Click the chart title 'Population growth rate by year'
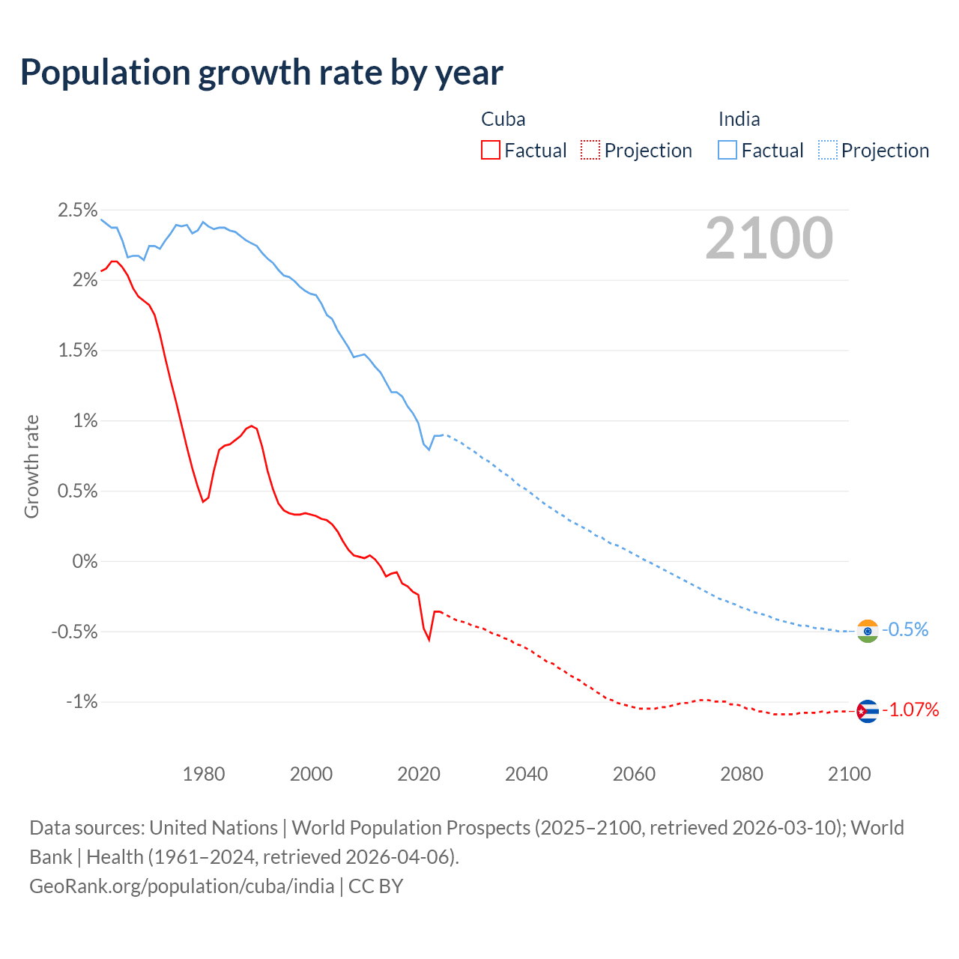click(261, 73)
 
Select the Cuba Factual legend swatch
click(490, 151)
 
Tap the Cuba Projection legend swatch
click(590, 151)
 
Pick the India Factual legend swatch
click(727, 151)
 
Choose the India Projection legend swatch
click(827, 151)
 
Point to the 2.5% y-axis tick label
click(78, 210)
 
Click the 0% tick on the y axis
click(85, 561)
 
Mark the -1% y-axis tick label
click(82, 702)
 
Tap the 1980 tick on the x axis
click(204, 774)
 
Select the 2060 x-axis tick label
click(634, 774)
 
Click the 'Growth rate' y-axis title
click(31, 466)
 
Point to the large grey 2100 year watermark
click(769, 238)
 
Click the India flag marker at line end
click(867, 631)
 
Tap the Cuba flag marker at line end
click(867, 711)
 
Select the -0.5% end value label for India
click(905, 629)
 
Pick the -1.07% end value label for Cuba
click(910, 710)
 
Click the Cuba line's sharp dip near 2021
click(429, 639)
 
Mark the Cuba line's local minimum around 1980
click(203, 501)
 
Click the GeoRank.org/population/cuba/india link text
click(182, 886)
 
